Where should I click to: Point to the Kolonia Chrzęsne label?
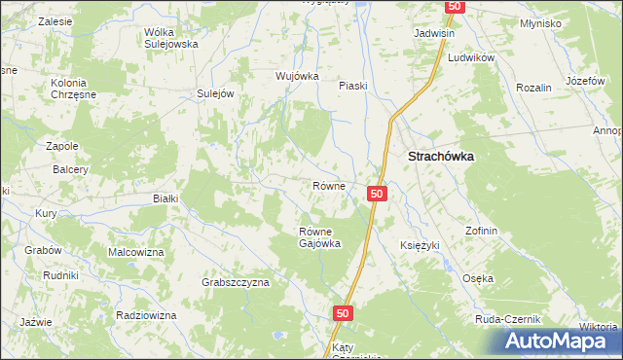[x=74, y=90]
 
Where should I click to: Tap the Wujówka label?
[x=298, y=76]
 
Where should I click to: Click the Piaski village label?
[x=352, y=86]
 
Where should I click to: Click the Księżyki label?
[x=421, y=245]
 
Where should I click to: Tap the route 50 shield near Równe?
[x=379, y=195]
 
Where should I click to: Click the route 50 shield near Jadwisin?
[x=455, y=6]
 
